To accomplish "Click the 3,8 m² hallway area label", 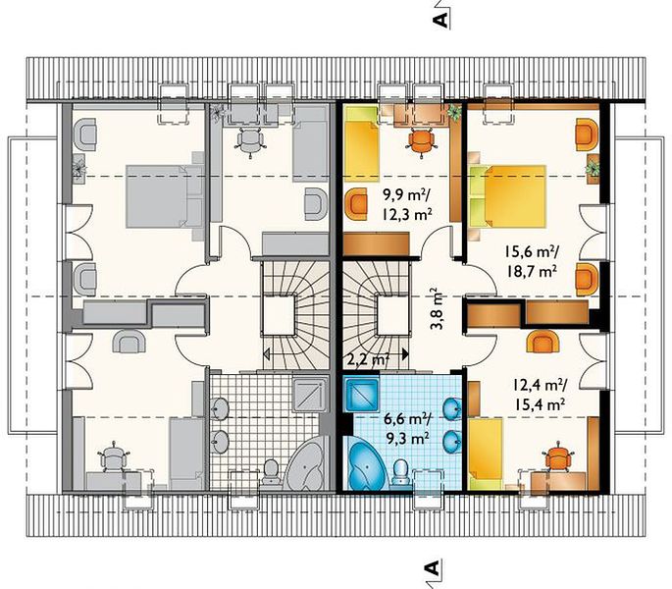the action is pos(436,308).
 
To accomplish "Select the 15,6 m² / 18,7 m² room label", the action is pos(532,261).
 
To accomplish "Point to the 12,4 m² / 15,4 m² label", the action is pos(540,395).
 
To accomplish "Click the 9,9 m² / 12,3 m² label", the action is pos(407,205).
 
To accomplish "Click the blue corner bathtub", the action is pos(366,464).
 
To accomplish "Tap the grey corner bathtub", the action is pos(306,463).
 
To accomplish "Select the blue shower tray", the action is pos(362,394).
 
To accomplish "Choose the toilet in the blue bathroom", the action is pos(400,472).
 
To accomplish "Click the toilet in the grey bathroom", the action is pos(271,472).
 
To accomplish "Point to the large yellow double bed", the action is pos(508,195).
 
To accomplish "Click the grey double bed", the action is pos(165,195).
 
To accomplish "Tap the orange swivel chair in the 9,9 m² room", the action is pos(421,141).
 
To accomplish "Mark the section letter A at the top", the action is pos(441,20).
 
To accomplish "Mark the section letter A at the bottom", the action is pos(433,568).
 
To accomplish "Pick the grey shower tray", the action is pos(310,394).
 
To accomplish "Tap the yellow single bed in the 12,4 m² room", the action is pos(486,455).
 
